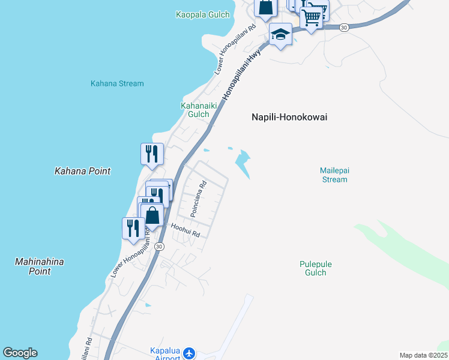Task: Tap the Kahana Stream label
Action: click(x=117, y=83)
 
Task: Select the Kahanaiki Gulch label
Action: click(x=194, y=110)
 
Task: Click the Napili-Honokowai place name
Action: click(x=289, y=118)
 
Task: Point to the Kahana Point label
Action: click(x=83, y=171)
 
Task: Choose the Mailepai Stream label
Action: click(x=334, y=175)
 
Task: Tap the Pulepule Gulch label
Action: click(x=316, y=268)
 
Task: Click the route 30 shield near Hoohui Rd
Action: click(x=159, y=247)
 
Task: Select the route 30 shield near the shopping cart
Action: click(x=344, y=28)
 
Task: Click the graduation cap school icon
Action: click(x=280, y=34)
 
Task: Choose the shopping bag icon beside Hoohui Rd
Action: click(x=152, y=215)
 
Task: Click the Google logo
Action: click(x=20, y=353)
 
